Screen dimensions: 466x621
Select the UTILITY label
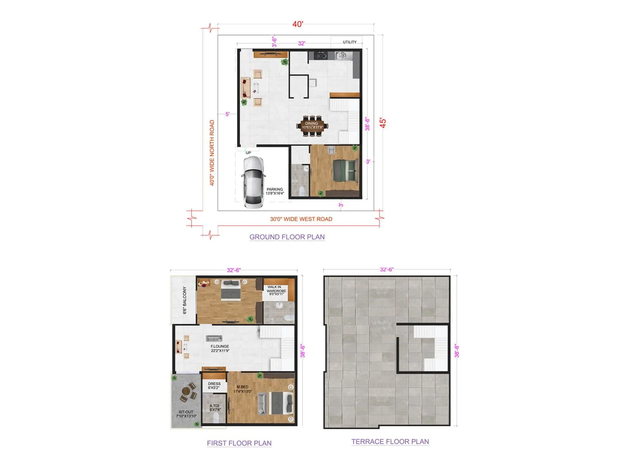pos(349,42)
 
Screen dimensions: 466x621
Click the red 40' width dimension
pos(298,24)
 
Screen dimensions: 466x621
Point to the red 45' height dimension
pos(383,123)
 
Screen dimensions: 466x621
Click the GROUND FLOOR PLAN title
pos(287,237)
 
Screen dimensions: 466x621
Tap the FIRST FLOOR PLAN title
pos(239,443)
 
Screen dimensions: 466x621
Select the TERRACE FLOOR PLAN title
pos(390,442)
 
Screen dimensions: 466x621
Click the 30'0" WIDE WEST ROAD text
pos(301,219)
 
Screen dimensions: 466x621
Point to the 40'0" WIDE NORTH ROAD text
pos(212,153)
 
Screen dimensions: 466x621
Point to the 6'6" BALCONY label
pos(185,300)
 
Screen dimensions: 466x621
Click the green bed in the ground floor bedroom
pos(345,170)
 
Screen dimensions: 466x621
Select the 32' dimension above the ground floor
pos(302,43)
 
